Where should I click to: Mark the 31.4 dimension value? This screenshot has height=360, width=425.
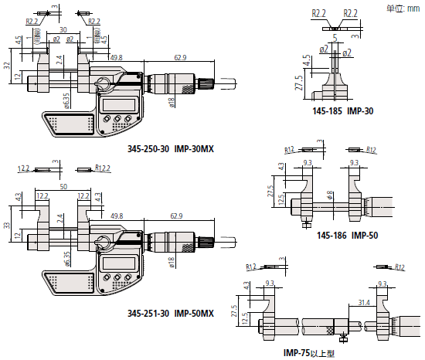coord(363,302)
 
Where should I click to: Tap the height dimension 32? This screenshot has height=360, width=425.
coord(5,66)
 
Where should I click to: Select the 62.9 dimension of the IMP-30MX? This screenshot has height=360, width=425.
coord(180,56)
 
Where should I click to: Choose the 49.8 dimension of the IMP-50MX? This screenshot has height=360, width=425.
coord(116,217)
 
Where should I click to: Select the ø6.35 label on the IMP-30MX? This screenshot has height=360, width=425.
coord(68,101)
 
